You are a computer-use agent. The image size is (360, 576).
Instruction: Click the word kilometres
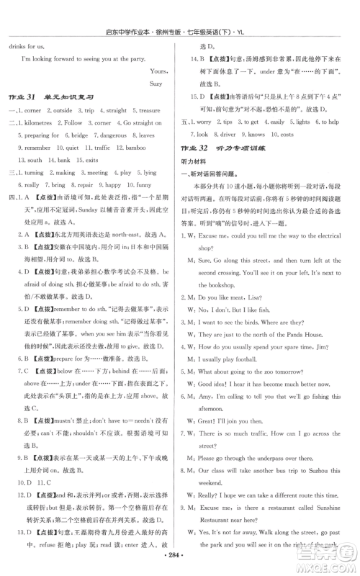(40, 123)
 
